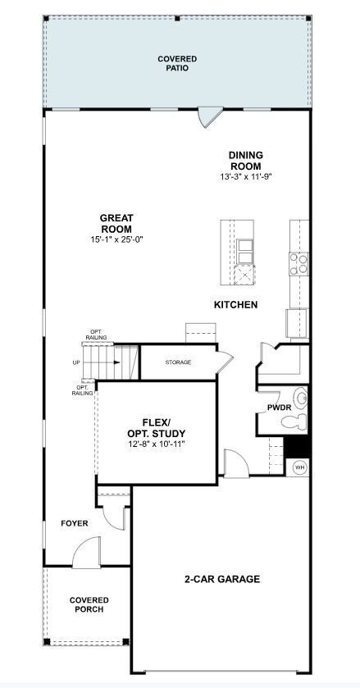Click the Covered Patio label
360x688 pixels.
(177, 64)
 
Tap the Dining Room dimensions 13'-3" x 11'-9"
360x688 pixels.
(245, 176)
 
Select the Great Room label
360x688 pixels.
(116, 223)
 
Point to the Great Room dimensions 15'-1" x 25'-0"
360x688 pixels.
(116, 239)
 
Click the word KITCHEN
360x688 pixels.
(235, 305)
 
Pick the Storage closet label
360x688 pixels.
(178, 362)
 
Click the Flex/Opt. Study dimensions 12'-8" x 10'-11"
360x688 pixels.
(156, 444)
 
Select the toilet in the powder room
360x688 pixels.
(293, 422)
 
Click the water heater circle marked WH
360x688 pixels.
(299, 467)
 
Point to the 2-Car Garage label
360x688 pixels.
(221, 579)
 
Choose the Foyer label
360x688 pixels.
(74, 523)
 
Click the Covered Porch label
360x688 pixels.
(89, 605)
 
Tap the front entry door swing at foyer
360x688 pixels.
(85, 557)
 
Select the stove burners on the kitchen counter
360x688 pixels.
(299, 262)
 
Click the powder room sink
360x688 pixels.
(301, 400)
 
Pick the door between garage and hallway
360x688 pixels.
(236, 464)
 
